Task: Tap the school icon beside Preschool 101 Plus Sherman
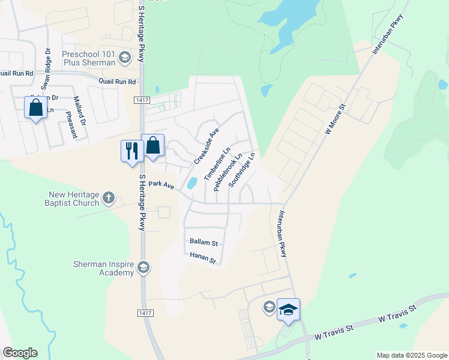click(x=125, y=58)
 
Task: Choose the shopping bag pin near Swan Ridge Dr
click(x=35, y=108)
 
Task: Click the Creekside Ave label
click(x=206, y=146)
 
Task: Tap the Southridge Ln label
click(x=243, y=170)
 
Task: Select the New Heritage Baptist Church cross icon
click(x=109, y=197)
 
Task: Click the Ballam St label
click(x=203, y=243)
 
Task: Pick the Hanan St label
click(x=203, y=258)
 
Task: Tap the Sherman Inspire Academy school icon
click(x=143, y=267)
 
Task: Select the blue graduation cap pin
click(x=288, y=309)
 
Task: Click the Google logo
click(x=20, y=353)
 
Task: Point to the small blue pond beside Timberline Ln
click(x=192, y=183)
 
